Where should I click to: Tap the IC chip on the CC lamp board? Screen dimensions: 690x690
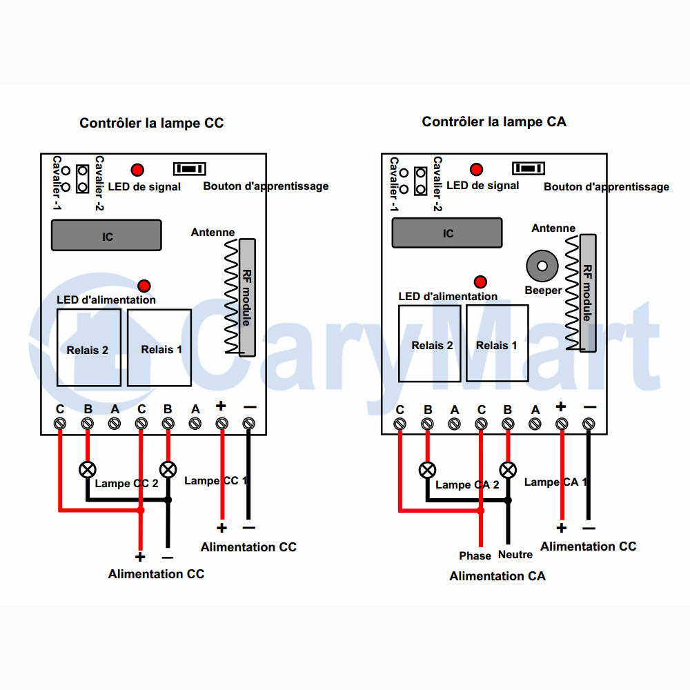pos(106,235)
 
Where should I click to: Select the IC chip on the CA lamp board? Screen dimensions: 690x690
pos(447,233)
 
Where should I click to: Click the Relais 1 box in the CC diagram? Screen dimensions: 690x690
pos(159,348)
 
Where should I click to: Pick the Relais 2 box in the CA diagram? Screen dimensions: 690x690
pos(429,343)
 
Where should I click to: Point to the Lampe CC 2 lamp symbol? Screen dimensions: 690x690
pos(87,469)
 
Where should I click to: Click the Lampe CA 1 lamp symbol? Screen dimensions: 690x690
pos(508,470)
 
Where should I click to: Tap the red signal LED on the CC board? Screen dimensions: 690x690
pos(137,170)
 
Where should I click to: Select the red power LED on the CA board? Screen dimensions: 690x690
pos(480,282)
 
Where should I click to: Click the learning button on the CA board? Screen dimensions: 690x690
pos(529,168)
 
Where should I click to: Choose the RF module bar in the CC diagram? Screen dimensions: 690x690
pos(247,297)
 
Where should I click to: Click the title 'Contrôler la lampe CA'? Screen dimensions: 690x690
pos(494,121)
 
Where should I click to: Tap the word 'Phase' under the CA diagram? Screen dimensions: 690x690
pos(475,555)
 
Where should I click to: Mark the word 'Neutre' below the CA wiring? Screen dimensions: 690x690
pos(515,555)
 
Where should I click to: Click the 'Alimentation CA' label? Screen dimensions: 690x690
pos(497,576)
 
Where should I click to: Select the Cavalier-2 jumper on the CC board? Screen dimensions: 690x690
pos(82,179)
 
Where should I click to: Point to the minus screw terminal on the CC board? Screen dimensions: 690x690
pos(248,424)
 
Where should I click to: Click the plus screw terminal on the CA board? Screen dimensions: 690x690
pos(562,424)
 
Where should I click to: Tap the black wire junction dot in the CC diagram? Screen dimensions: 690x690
pos(168,500)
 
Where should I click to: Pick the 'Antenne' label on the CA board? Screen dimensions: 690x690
pos(553,228)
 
